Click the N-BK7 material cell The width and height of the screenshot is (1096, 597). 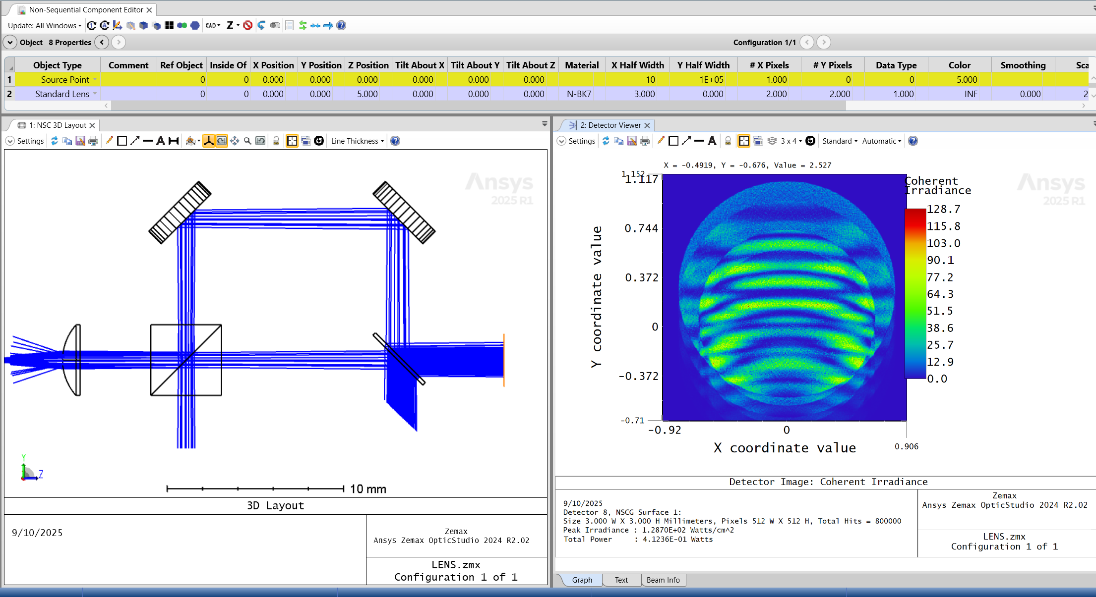coord(579,94)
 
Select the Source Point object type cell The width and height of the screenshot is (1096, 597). coord(64,80)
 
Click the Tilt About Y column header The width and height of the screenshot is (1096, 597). coord(475,65)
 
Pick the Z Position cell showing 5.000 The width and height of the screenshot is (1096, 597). coord(367,94)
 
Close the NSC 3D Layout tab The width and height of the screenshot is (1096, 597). coord(92,125)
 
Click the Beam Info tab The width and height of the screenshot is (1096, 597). coord(663,580)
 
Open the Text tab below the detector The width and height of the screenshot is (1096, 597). coord(621,580)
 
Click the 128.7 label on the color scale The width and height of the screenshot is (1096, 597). coord(943,210)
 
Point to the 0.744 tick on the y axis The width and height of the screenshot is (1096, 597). coord(641,228)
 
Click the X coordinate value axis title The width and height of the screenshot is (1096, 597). coord(785,448)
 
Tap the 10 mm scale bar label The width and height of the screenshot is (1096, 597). coord(368,489)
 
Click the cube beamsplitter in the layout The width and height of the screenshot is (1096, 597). coord(186,360)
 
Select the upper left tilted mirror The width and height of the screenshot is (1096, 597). coord(180,213)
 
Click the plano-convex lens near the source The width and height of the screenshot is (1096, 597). coord(73,360)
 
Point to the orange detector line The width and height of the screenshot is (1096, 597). coord(504,360)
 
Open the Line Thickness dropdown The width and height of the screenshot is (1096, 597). coord(358,141)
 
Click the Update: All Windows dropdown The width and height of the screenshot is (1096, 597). coord(45,26)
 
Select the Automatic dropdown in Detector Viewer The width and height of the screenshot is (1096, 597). coord(881,141)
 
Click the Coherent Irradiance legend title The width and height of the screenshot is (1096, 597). coord(937,186)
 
